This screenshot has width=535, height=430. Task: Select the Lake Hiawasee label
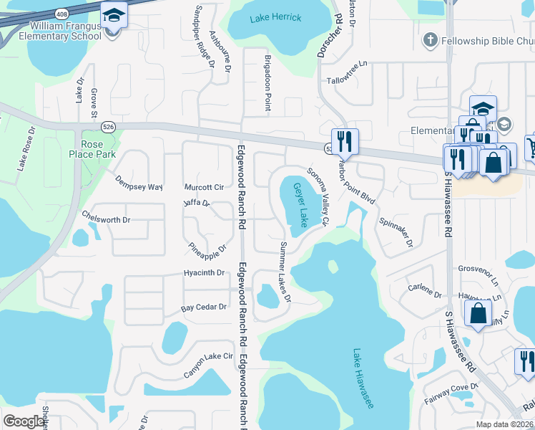click(x=363, y=379)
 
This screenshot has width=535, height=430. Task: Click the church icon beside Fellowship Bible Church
click(x=431, y=39)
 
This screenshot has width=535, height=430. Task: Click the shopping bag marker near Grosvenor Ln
click(x=477, y=312)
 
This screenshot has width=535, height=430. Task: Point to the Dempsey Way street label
click(x=139, y=182)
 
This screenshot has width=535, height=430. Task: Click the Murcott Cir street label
click(x=204, y=187)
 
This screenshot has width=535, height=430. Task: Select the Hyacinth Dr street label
click(x=204, y=273)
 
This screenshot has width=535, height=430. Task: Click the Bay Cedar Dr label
click(x=203, y=307)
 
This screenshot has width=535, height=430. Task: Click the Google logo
click(x=24, y=421)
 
